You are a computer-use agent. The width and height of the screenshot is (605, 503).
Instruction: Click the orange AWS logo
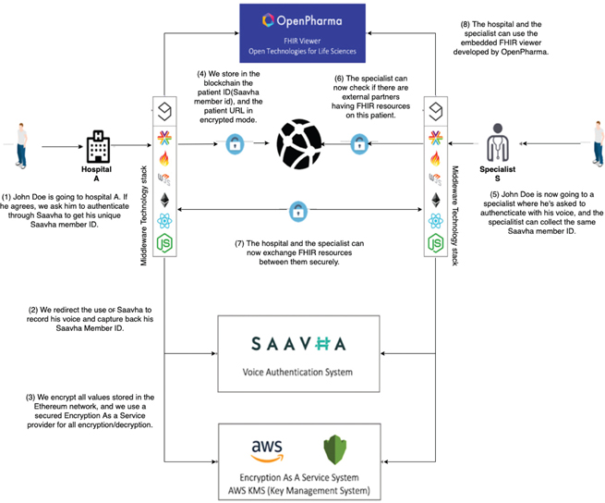267,450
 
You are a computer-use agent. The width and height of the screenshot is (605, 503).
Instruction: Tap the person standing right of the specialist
599,146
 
